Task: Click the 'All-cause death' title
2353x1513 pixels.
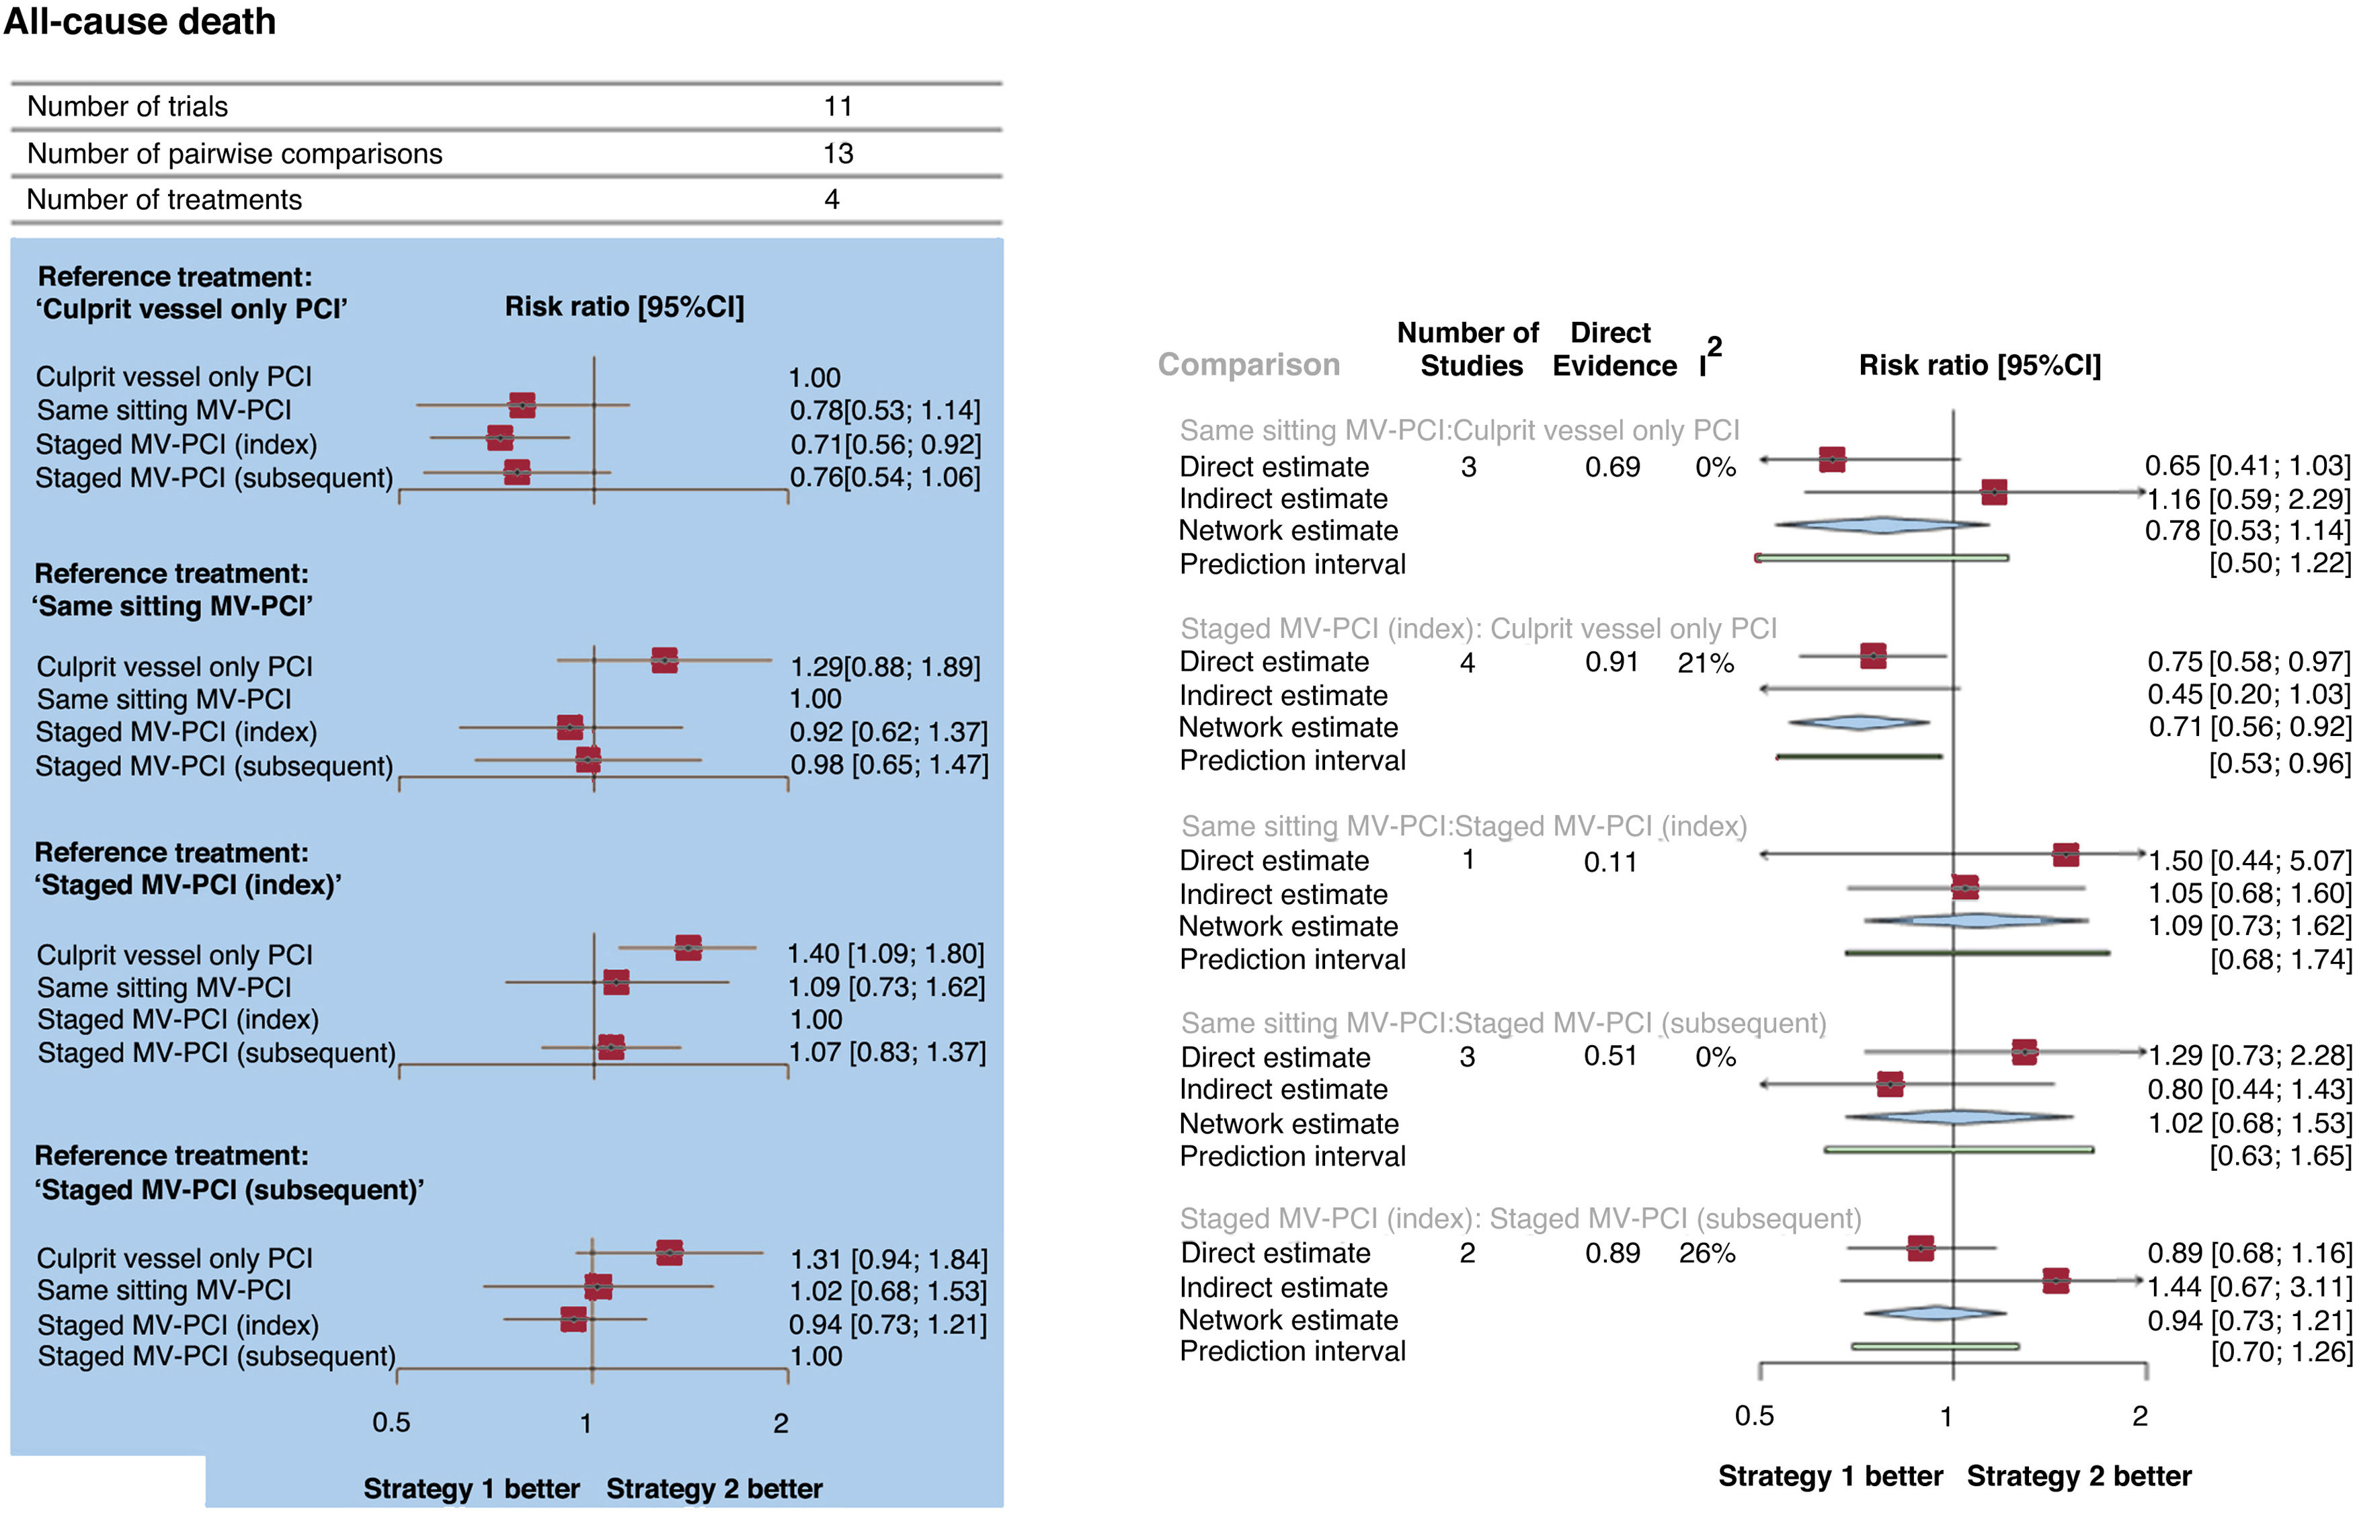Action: pyautogui.click(x=140, y=22)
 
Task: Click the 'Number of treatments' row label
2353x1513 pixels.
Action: pyautogui.click(x=164, y=200)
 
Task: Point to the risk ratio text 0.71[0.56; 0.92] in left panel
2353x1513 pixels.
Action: pyautogui.click(x=885, y=444)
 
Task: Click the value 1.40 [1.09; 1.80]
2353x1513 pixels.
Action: pyautogui.click(x=885, y=953)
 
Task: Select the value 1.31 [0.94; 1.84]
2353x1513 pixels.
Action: pyautogui.click(x=888, y=1258)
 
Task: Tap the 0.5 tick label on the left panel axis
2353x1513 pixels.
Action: pyautogui.click(x=391, y=1422)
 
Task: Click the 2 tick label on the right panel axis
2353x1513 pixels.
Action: pyautogui.click(x=2139, y=1416)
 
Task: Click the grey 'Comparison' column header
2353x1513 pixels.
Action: pyautogui.click(x=1248, y=364)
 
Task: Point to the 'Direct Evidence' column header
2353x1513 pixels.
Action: pyautogui.click(x=1613, y=349)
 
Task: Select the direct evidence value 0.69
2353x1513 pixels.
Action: pyautogui.click(x=1611, y=466)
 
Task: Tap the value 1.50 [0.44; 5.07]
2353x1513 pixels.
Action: pyautogui.click(x=2249, y=860)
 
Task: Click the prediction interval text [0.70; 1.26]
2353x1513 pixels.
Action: pyautogui.click(x=2280, y=1352)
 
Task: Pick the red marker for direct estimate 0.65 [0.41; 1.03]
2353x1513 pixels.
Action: pyautogui.click(x=1831, y=459)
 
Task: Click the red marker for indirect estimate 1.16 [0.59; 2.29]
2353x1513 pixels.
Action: pyautogui.click(x=1993, y=491)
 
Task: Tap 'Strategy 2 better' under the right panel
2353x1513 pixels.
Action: pyautogui.click(x=2078, y=1475)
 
